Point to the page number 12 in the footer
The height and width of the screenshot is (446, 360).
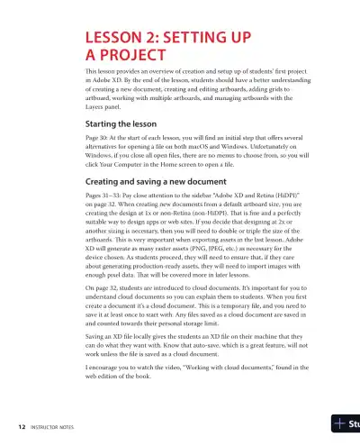20,423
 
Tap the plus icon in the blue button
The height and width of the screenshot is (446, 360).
338,423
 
